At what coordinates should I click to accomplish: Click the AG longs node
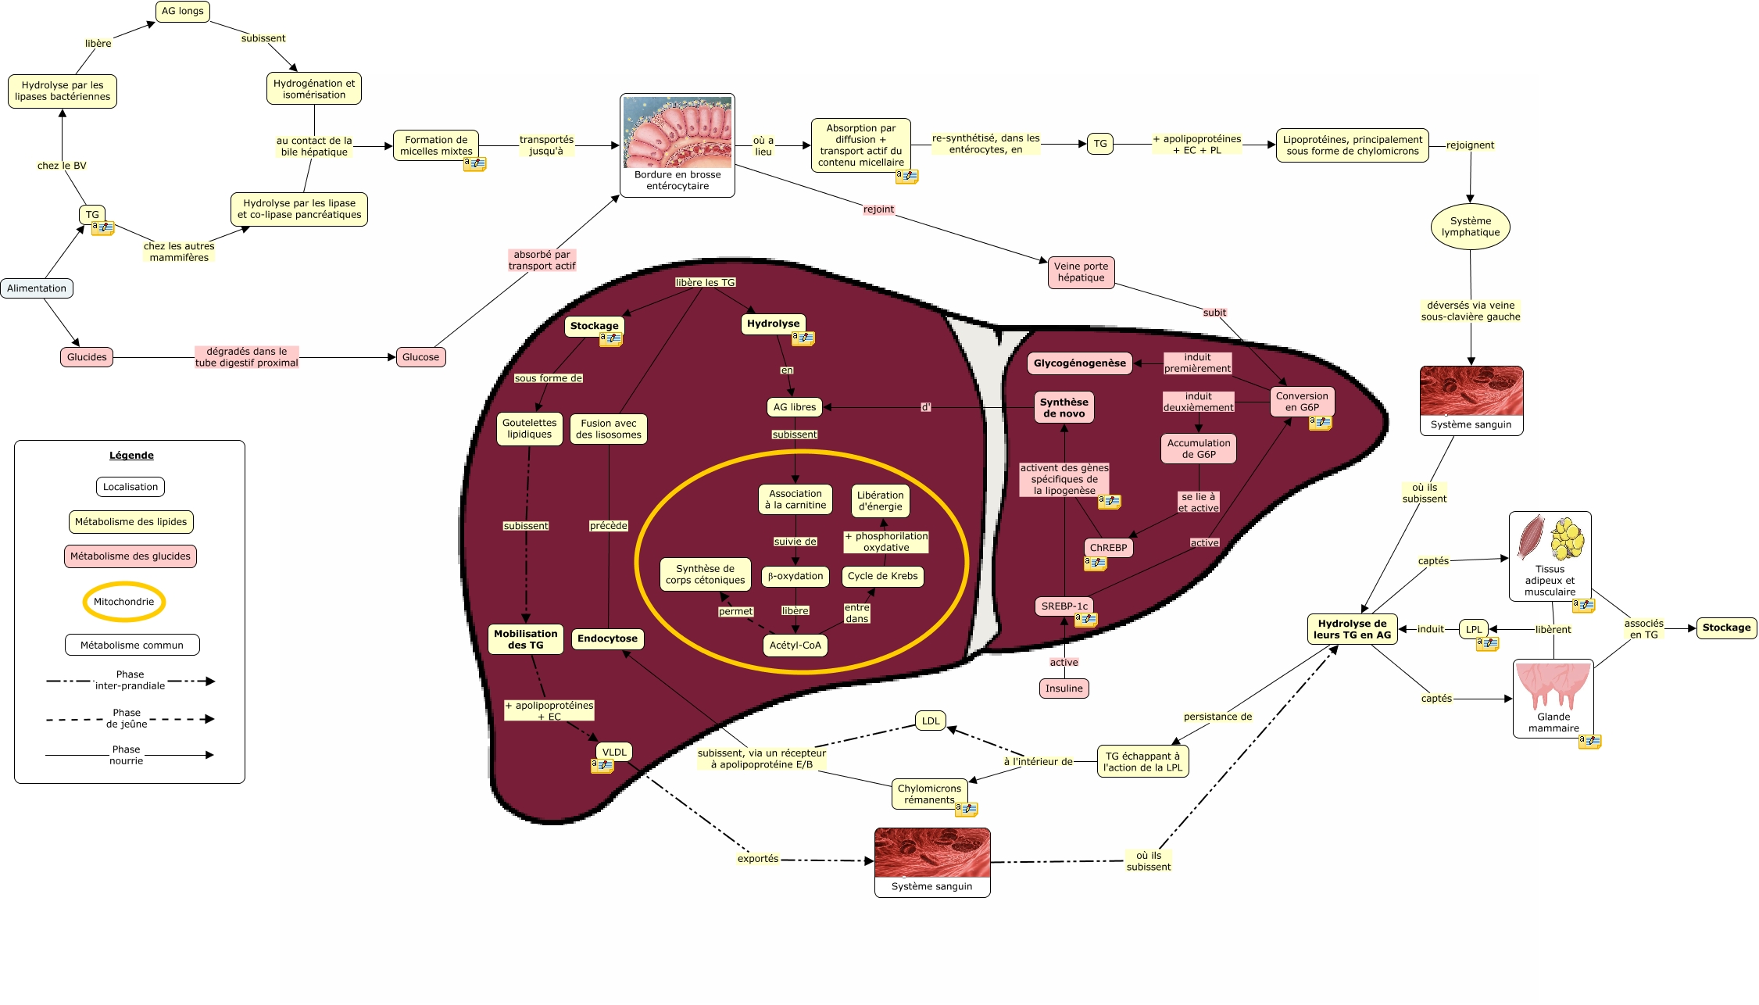point(182,12)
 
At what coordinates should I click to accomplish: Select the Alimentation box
point(37,288)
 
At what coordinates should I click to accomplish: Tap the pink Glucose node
point(420,357)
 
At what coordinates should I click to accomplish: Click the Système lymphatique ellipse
point(1470,227)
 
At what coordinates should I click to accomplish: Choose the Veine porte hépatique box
point(1081,272)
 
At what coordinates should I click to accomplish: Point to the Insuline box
point(1064,688)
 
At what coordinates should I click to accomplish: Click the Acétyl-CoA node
point(795,646)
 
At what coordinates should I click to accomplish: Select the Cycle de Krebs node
point(882,577)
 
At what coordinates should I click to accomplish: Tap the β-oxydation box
point(795,577)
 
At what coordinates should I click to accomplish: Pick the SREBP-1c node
point(1064,606)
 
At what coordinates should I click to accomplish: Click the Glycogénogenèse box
point(1079,363)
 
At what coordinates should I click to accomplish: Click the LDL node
point(930,721)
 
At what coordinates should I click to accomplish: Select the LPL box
point(1473,629)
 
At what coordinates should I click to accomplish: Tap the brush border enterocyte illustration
point(678,132)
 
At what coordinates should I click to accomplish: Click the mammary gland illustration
point(1553,685)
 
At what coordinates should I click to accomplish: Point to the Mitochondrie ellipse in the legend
point(123,602)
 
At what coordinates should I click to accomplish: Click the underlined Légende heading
point(131,456)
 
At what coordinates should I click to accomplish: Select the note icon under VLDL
point(602,766)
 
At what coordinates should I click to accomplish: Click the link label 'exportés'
point(757,859)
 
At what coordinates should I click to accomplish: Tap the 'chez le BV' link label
point(62,166)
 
